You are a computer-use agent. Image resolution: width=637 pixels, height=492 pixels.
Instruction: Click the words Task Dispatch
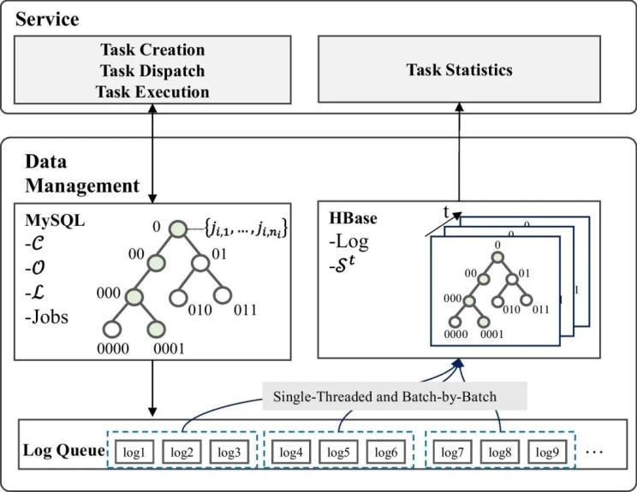[153, 71]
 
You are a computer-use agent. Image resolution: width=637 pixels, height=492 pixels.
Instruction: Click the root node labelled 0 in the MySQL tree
[177, 230]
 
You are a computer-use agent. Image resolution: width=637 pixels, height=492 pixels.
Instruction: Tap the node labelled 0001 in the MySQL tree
[155, 330]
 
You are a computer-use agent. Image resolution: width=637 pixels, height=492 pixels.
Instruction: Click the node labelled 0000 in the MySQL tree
[110, 330]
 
